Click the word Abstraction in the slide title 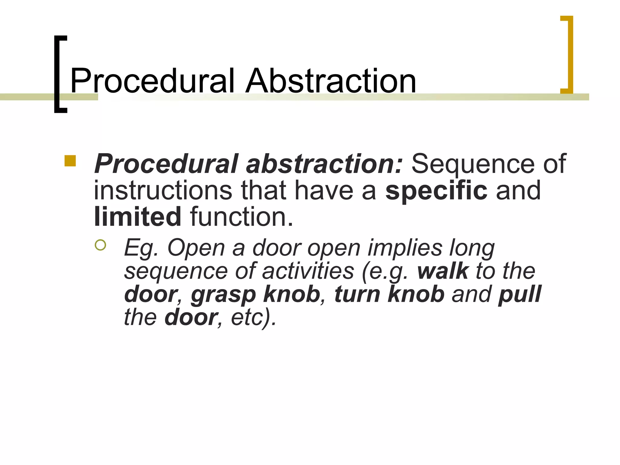[331, 81]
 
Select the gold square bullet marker [70, 161]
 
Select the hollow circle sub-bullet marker [100, 245]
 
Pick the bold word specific [436, 190]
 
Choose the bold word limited [138, 217]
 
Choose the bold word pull [519, 294]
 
